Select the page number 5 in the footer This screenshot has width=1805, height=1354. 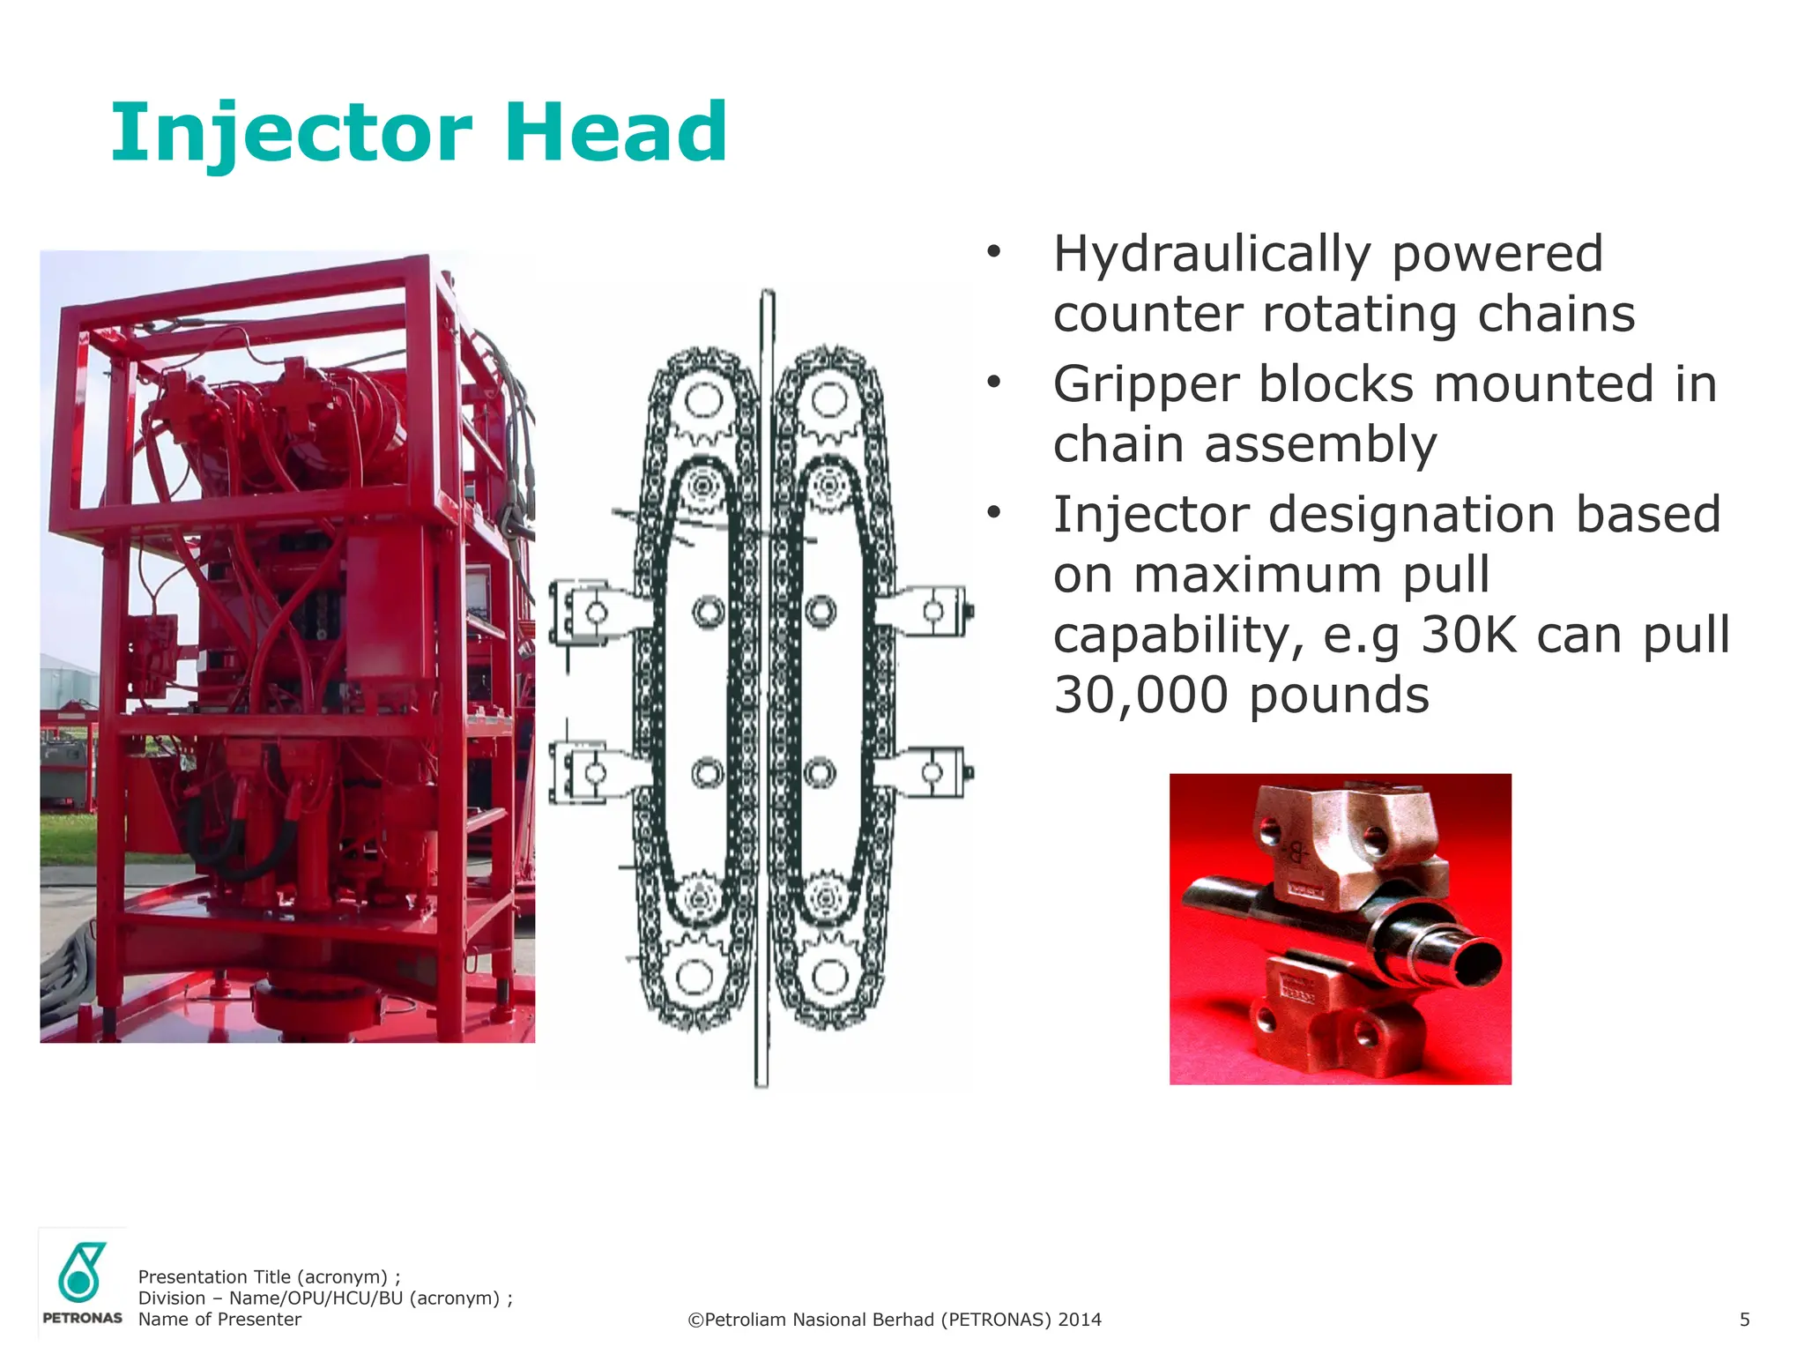coord(1744,1320)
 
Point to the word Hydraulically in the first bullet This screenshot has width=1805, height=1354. coord(1212,255)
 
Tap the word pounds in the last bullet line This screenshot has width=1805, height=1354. coord(1339,695)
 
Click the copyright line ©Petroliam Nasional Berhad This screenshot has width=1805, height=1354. coord(894,1320)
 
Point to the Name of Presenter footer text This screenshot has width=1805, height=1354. coord(219,1320)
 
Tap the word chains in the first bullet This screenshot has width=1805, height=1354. coord(1556,315)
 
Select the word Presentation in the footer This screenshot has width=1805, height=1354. coord(192,1277)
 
